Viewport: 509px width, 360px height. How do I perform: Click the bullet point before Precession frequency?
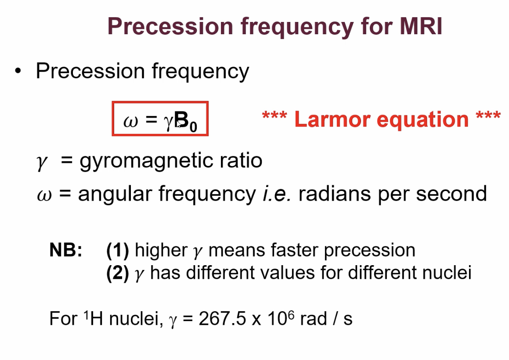[18, 71]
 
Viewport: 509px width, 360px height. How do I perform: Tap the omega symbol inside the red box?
[130, 121]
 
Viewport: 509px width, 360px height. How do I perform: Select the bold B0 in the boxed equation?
[186, 121]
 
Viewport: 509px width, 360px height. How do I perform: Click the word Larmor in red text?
[332, 119]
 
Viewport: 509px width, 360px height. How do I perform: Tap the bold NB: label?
[66, 250]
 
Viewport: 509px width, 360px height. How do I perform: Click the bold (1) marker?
[118, 251]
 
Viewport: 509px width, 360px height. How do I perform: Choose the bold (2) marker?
[118, 273]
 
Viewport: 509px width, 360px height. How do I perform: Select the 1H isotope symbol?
[93, 318]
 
